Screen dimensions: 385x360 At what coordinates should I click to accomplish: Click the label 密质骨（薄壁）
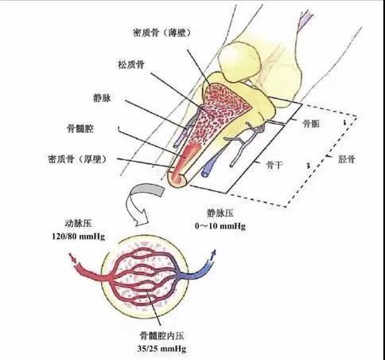pos(162,33)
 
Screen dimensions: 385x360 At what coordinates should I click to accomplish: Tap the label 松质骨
pos(131,65)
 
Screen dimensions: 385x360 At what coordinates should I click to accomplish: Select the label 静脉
pos(102,98)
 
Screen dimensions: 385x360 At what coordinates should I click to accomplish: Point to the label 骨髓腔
pos(80,129)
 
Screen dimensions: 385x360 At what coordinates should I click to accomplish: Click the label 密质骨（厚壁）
pos(78,159)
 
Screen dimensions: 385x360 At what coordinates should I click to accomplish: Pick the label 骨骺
pos(311,123)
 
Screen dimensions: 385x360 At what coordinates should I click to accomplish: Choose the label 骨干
pos(274,165)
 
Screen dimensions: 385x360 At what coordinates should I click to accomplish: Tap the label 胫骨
pos(347,159)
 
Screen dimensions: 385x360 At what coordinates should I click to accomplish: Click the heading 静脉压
pos(220,213)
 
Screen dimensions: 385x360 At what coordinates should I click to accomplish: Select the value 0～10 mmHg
pos(220,226)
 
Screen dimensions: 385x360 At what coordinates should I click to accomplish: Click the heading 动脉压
pos(78,223)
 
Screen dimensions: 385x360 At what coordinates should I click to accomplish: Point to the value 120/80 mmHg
pos(79,236)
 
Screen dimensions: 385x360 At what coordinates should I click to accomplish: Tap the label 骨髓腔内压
pos(161,336)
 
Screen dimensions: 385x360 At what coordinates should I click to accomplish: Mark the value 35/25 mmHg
pos(161,348)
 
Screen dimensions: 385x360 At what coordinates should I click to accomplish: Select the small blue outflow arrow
pos(212,255)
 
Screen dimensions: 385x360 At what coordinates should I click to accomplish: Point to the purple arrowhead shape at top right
pos(305,20)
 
